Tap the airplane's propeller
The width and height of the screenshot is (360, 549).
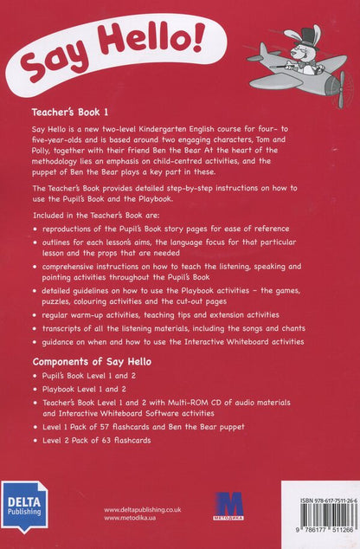pyautogui.click(x=342, y=87)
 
